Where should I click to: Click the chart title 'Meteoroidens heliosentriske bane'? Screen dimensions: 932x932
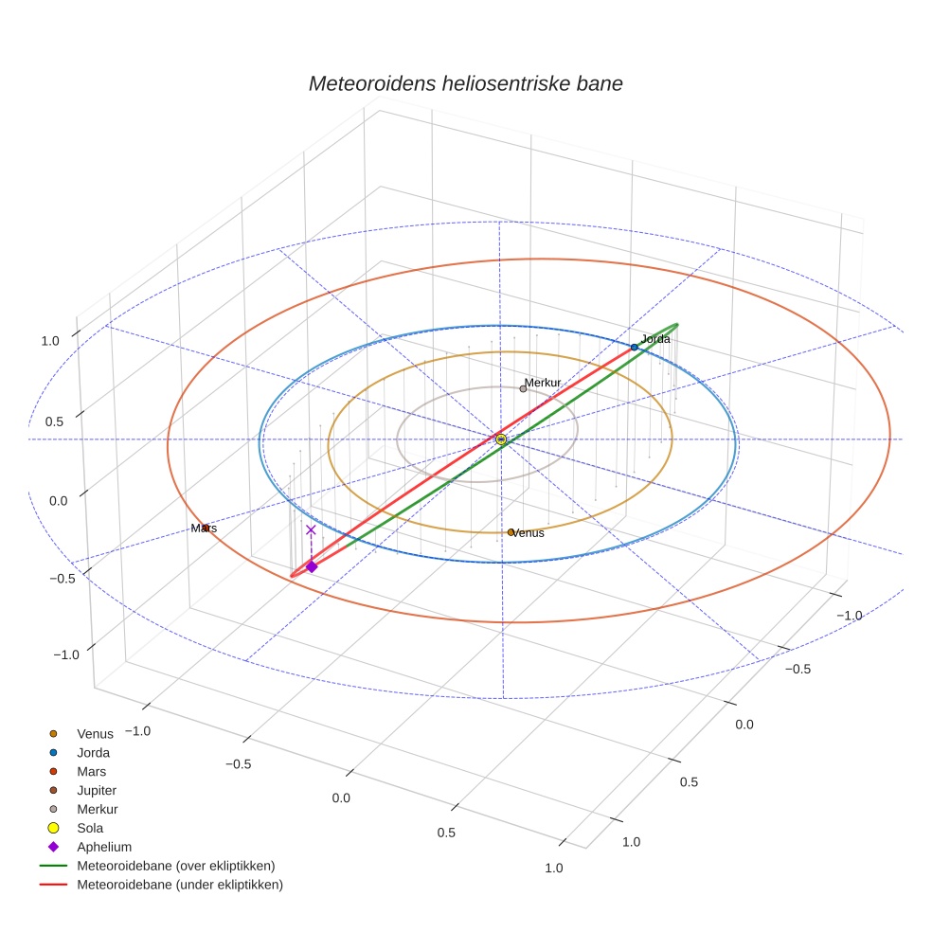tap(465, 83)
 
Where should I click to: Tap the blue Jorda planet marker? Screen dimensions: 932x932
tap(634, 348)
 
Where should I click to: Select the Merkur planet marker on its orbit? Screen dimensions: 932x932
tap(523, 388)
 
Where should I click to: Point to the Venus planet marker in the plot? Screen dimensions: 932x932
tap(511, 532)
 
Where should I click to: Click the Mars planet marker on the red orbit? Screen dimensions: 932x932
tap(206, 528)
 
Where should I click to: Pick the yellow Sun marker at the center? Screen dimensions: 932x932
tap(501, 439)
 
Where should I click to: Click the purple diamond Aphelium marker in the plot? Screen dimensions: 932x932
tap(312, 566)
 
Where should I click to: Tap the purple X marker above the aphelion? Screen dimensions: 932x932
tap(311, 530)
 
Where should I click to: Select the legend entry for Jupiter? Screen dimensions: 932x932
tap(97, 790)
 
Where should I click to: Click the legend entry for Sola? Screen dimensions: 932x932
tap(90, 828)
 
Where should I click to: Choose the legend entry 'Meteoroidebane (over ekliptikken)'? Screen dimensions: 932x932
tap(175, 866)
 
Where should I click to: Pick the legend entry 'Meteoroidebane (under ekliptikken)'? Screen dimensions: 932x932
tap(179, 885)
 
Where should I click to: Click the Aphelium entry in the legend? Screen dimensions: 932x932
tap(103, 847)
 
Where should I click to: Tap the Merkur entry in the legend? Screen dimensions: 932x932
tap(97, 809)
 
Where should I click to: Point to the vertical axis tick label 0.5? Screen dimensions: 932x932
tap(53, 421)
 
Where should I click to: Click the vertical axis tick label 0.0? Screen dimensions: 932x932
tap(53, 499)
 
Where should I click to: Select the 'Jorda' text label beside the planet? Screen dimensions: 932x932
tap(655, 338)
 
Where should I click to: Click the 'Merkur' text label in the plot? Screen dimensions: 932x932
tap(543, 383)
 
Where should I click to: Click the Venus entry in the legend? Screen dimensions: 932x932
tap(95, 733)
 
